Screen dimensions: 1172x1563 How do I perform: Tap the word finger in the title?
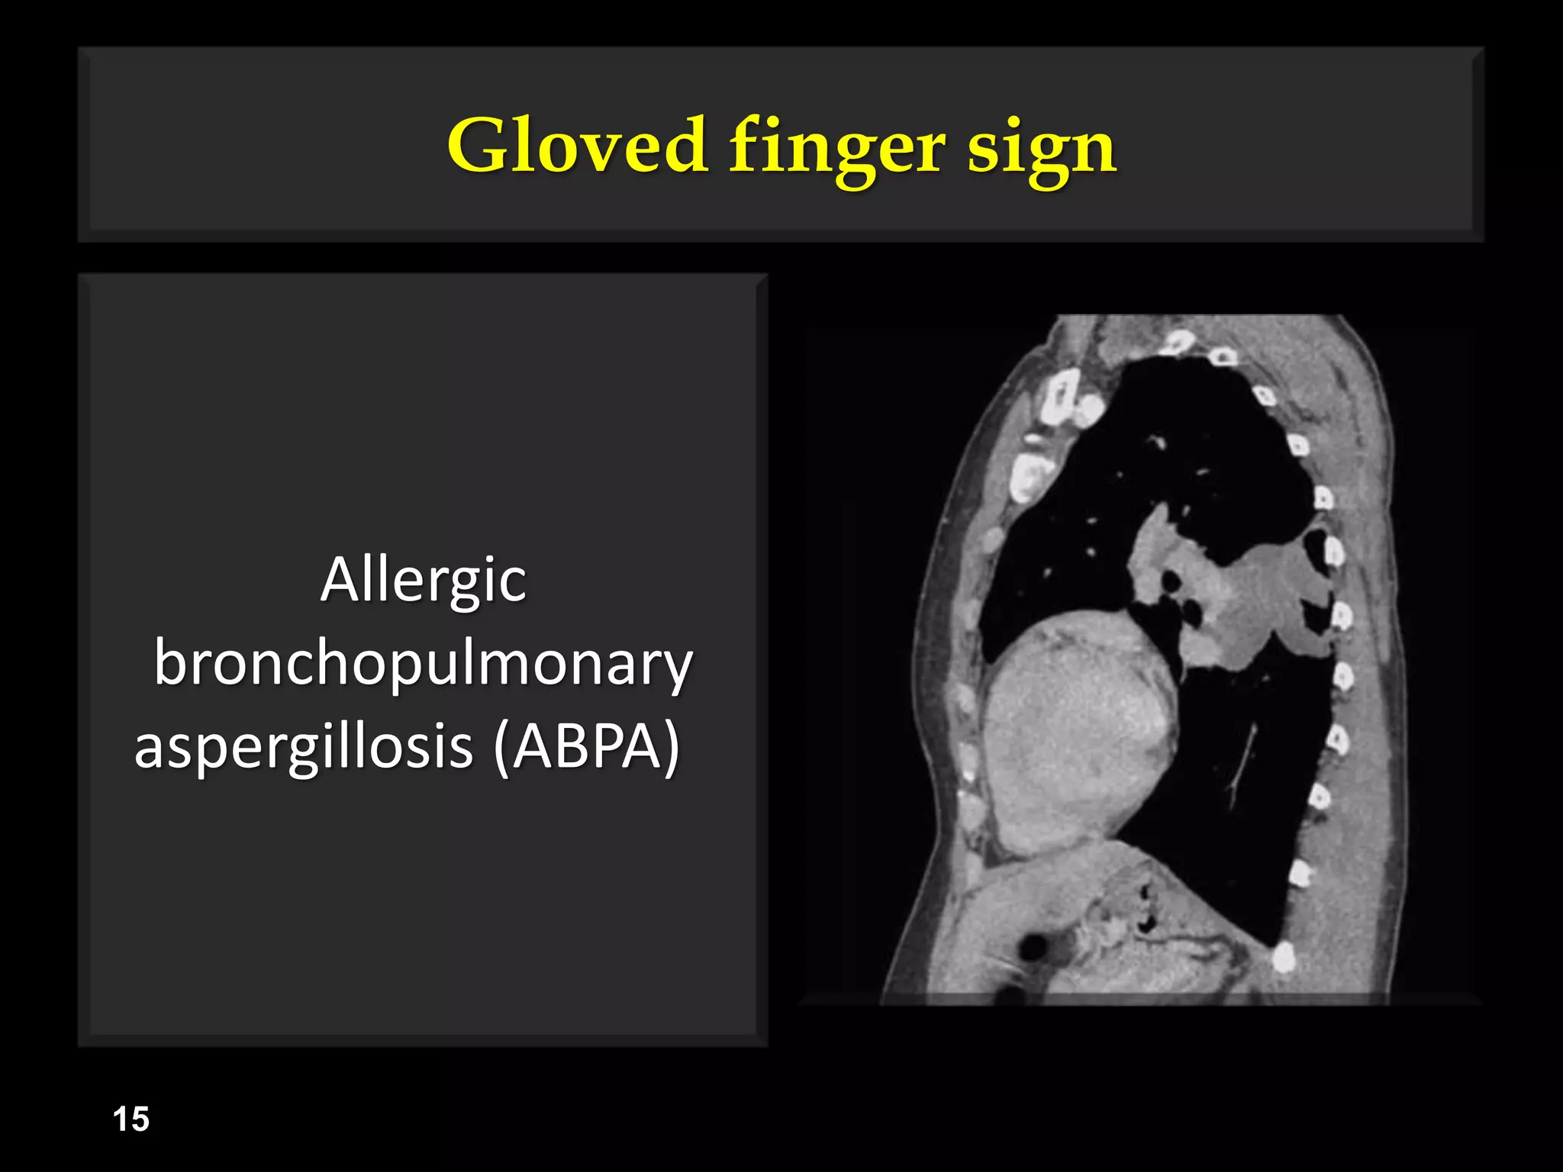click(x=836, y=149)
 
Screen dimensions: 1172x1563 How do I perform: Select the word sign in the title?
click(x=1042, y=149)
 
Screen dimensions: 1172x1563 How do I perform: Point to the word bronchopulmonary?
click(x=423, y=665)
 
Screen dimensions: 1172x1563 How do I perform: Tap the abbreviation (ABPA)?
click(x=586, y=748)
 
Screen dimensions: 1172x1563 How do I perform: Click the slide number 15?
click(x=131, y=1119)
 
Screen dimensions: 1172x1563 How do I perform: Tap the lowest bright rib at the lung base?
click(x=1284, y=956)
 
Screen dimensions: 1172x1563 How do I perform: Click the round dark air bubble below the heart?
click(x=1033, y=947)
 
